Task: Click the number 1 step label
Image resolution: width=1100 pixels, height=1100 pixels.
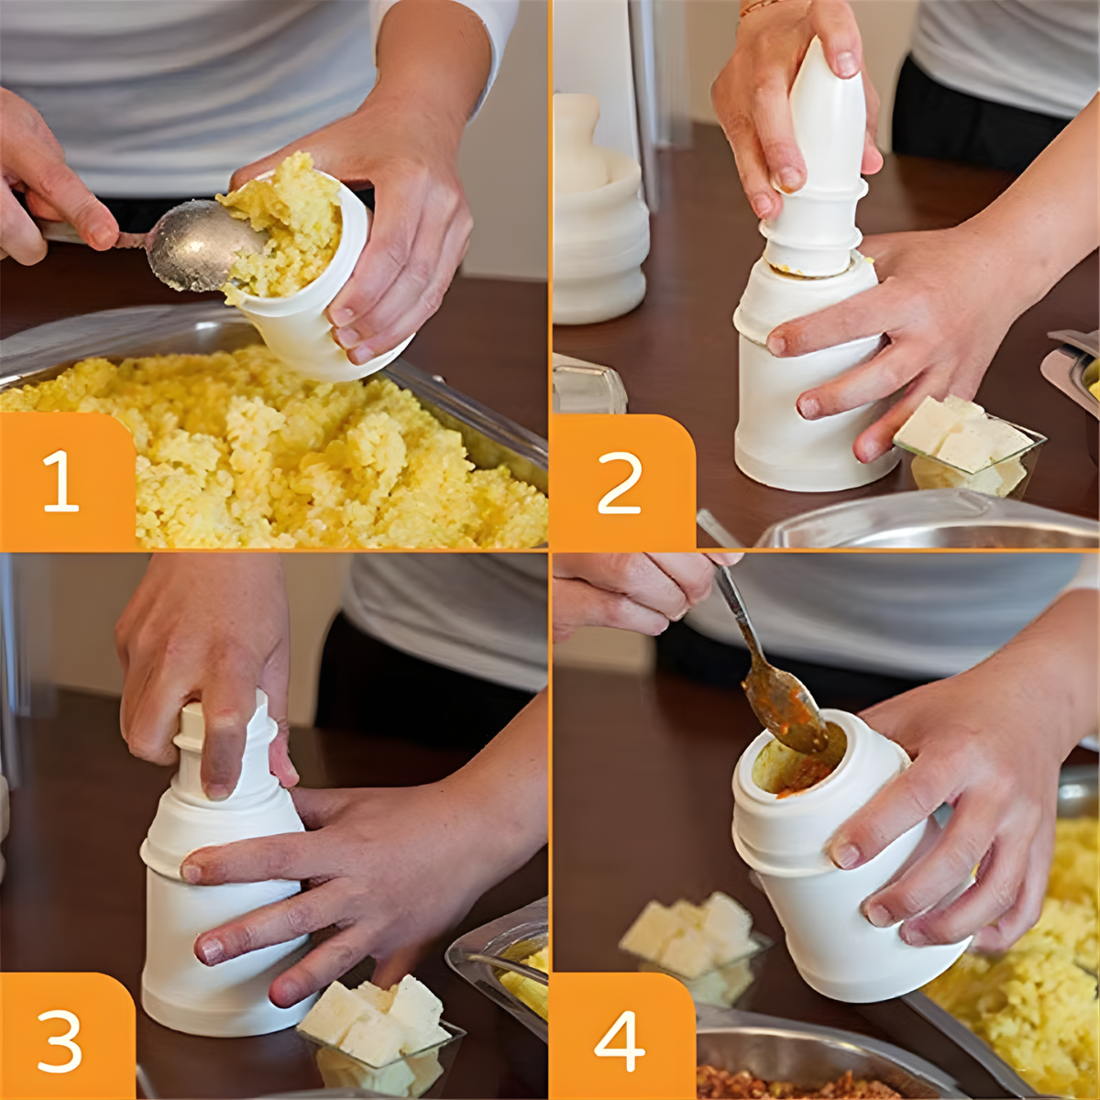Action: [60, 482]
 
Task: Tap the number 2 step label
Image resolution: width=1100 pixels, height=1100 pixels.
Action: [620, 482]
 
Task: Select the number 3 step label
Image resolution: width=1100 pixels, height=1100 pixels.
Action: [60, 1041]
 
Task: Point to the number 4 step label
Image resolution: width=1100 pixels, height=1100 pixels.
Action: [620, 1041]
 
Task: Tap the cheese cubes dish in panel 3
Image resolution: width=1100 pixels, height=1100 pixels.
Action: [380, 1027]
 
